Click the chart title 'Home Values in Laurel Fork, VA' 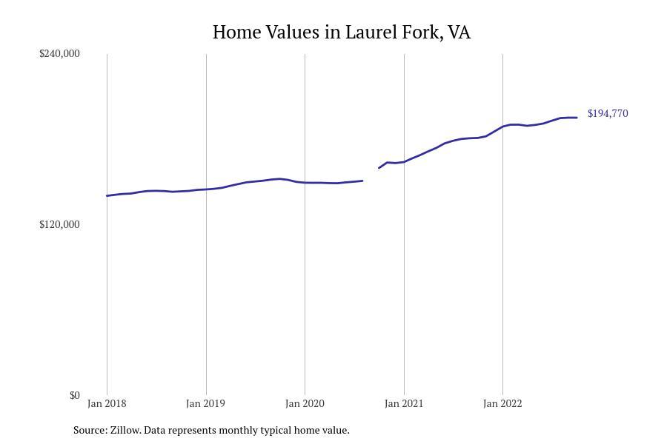tap(342, 33)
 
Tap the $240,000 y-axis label tap(59, 53)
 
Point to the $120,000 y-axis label tap(59, 224)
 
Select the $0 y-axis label tap(74, 395)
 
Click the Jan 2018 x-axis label tap(107, 403)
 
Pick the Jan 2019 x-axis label tap(205, 403)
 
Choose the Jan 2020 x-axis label tap(305, 403)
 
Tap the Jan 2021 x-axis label tap(404, 403)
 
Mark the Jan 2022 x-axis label tap(502, 403)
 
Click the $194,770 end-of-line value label tap(608, 113)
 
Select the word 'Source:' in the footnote tap(90, 430)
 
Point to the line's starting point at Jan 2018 tap(107, 196)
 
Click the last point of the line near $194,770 tap(577, 118)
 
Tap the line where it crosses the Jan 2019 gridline tap(206, 189)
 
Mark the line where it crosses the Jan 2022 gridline tap(502, 127)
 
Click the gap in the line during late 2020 tap(371, 175)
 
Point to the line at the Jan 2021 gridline tap(404, 161)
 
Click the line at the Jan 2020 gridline tap(305, 183)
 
